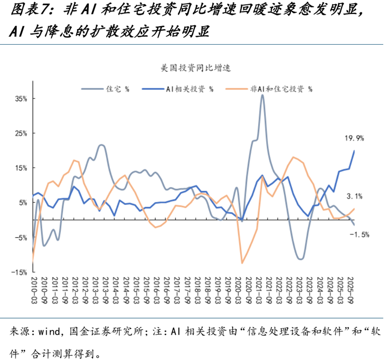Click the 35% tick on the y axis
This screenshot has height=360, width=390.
tap(20, 99)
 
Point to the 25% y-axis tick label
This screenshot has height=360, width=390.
tap(20, 133)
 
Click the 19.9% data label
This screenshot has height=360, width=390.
tap(355, 138)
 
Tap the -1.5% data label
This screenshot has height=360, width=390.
tap(359, 234)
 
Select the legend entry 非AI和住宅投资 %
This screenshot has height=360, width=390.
tap(281, 89)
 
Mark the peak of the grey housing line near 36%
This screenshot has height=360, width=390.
tap(262, 95)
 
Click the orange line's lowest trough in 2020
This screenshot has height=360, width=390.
tap(242, 263)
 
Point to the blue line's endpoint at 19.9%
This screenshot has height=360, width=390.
tap(354, 151)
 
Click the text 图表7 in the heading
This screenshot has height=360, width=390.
tap(28, 10)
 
